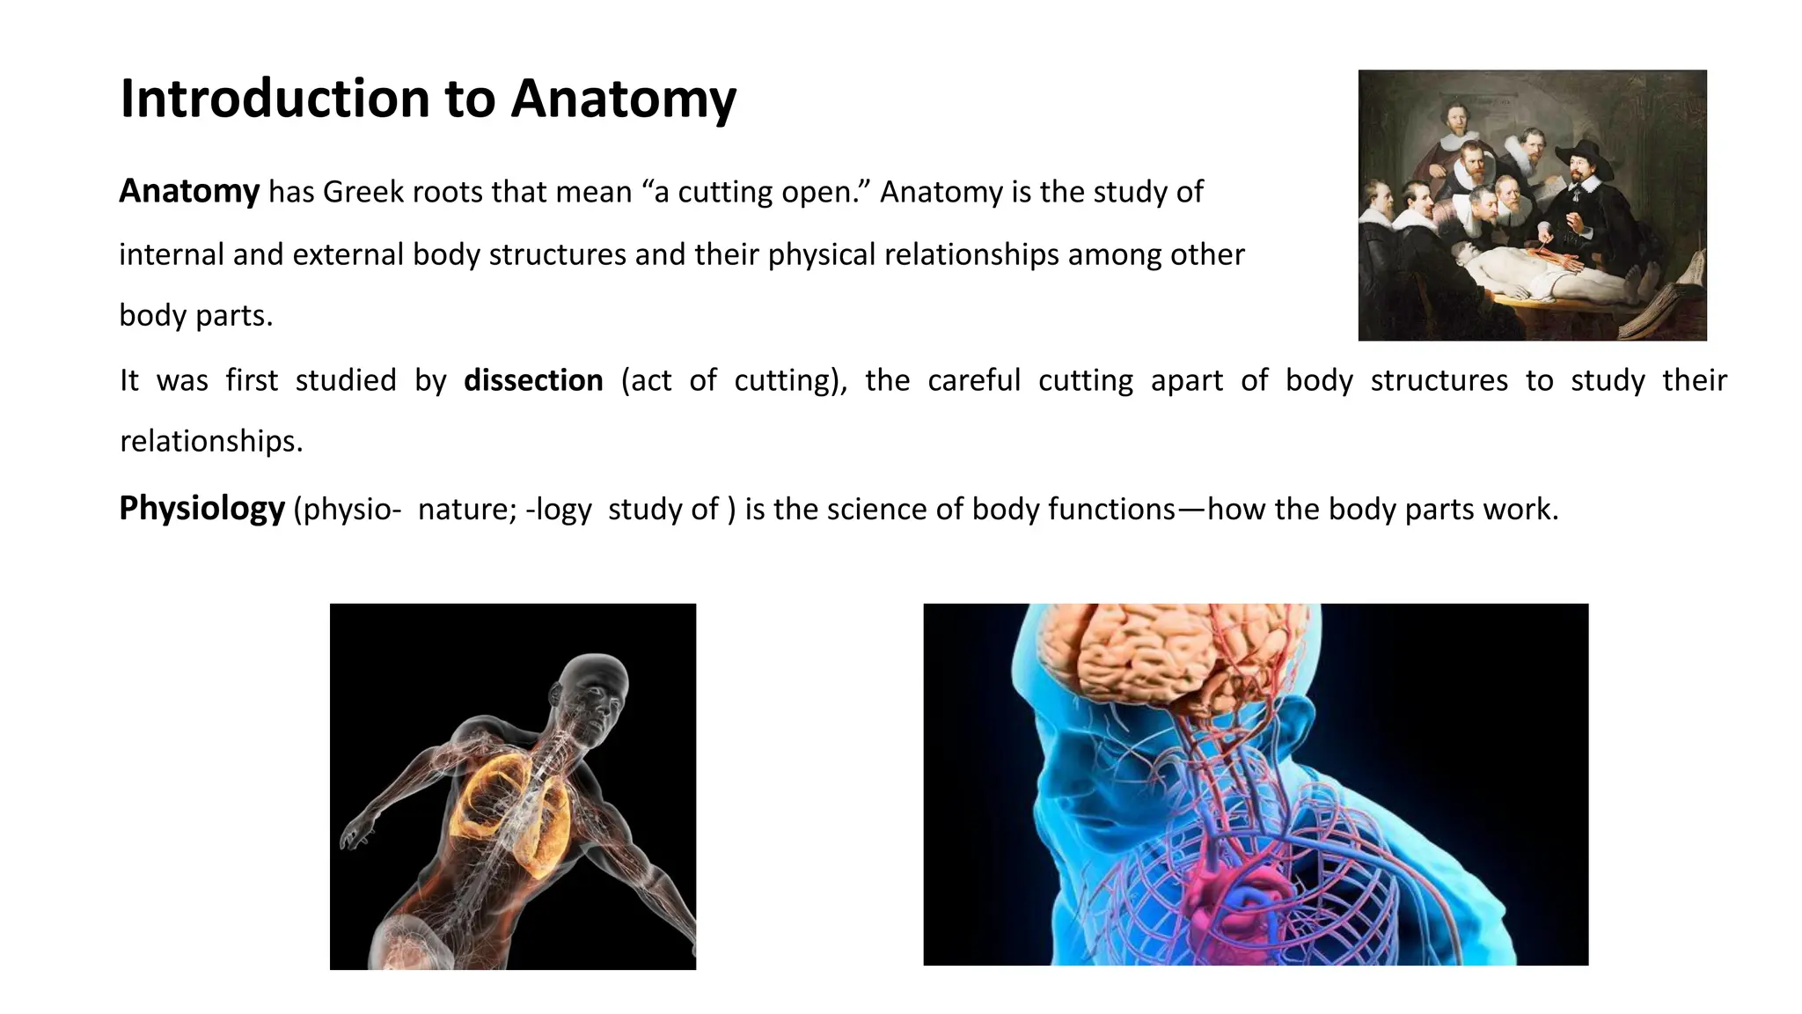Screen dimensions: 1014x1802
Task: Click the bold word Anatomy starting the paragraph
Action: tap(189, 191)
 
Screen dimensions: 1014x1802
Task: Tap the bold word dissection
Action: tap(533, 380)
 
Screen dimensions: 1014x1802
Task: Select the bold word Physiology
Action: tap(201, 509)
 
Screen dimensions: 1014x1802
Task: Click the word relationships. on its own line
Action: tap(211, 441)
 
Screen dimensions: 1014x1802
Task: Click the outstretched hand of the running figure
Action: tap(355, 833)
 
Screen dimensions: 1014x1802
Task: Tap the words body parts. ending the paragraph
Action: tap(195, 316)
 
